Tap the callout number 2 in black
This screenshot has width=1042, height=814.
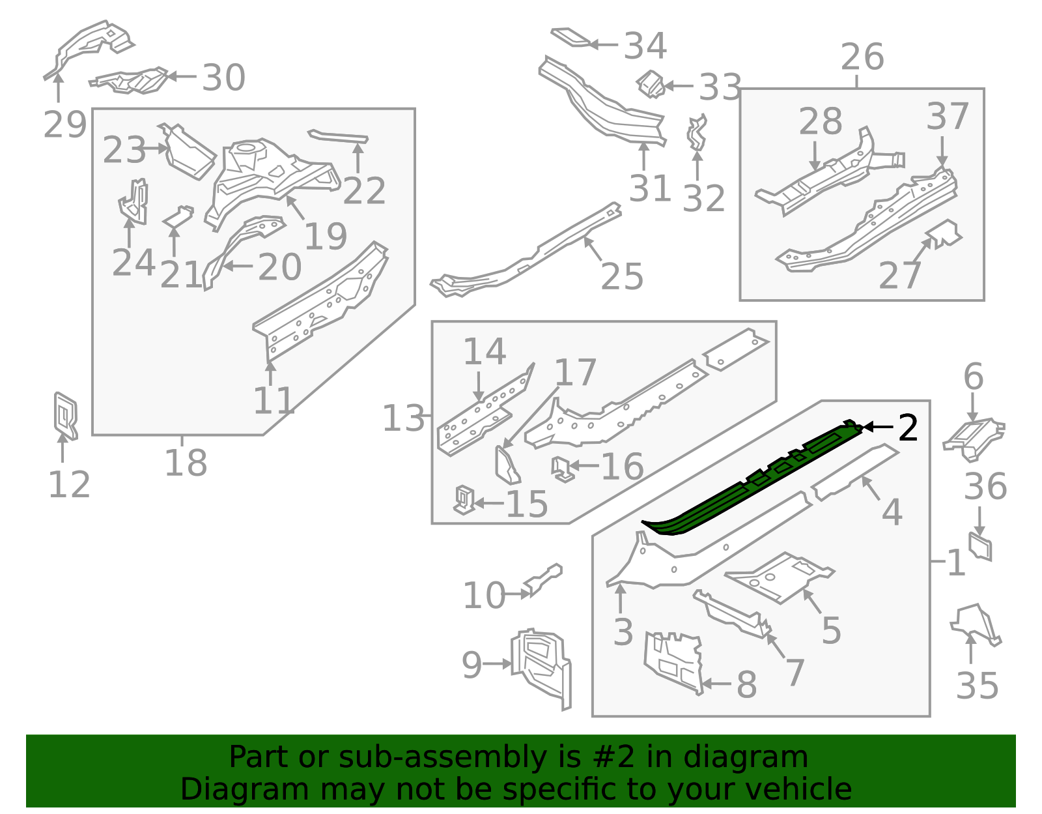click(908, 428)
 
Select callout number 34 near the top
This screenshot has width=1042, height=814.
click(645, 46)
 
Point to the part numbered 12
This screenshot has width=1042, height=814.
click(65, 415)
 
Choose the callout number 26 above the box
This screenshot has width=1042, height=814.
click(862, 57)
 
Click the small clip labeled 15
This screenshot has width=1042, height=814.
click(464, 500)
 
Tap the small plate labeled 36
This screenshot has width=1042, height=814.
click(980, 546)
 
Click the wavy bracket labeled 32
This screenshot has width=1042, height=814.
click(697, 134)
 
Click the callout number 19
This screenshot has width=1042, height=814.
click(325, 237)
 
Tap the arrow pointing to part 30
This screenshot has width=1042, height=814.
click(182, 76)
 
